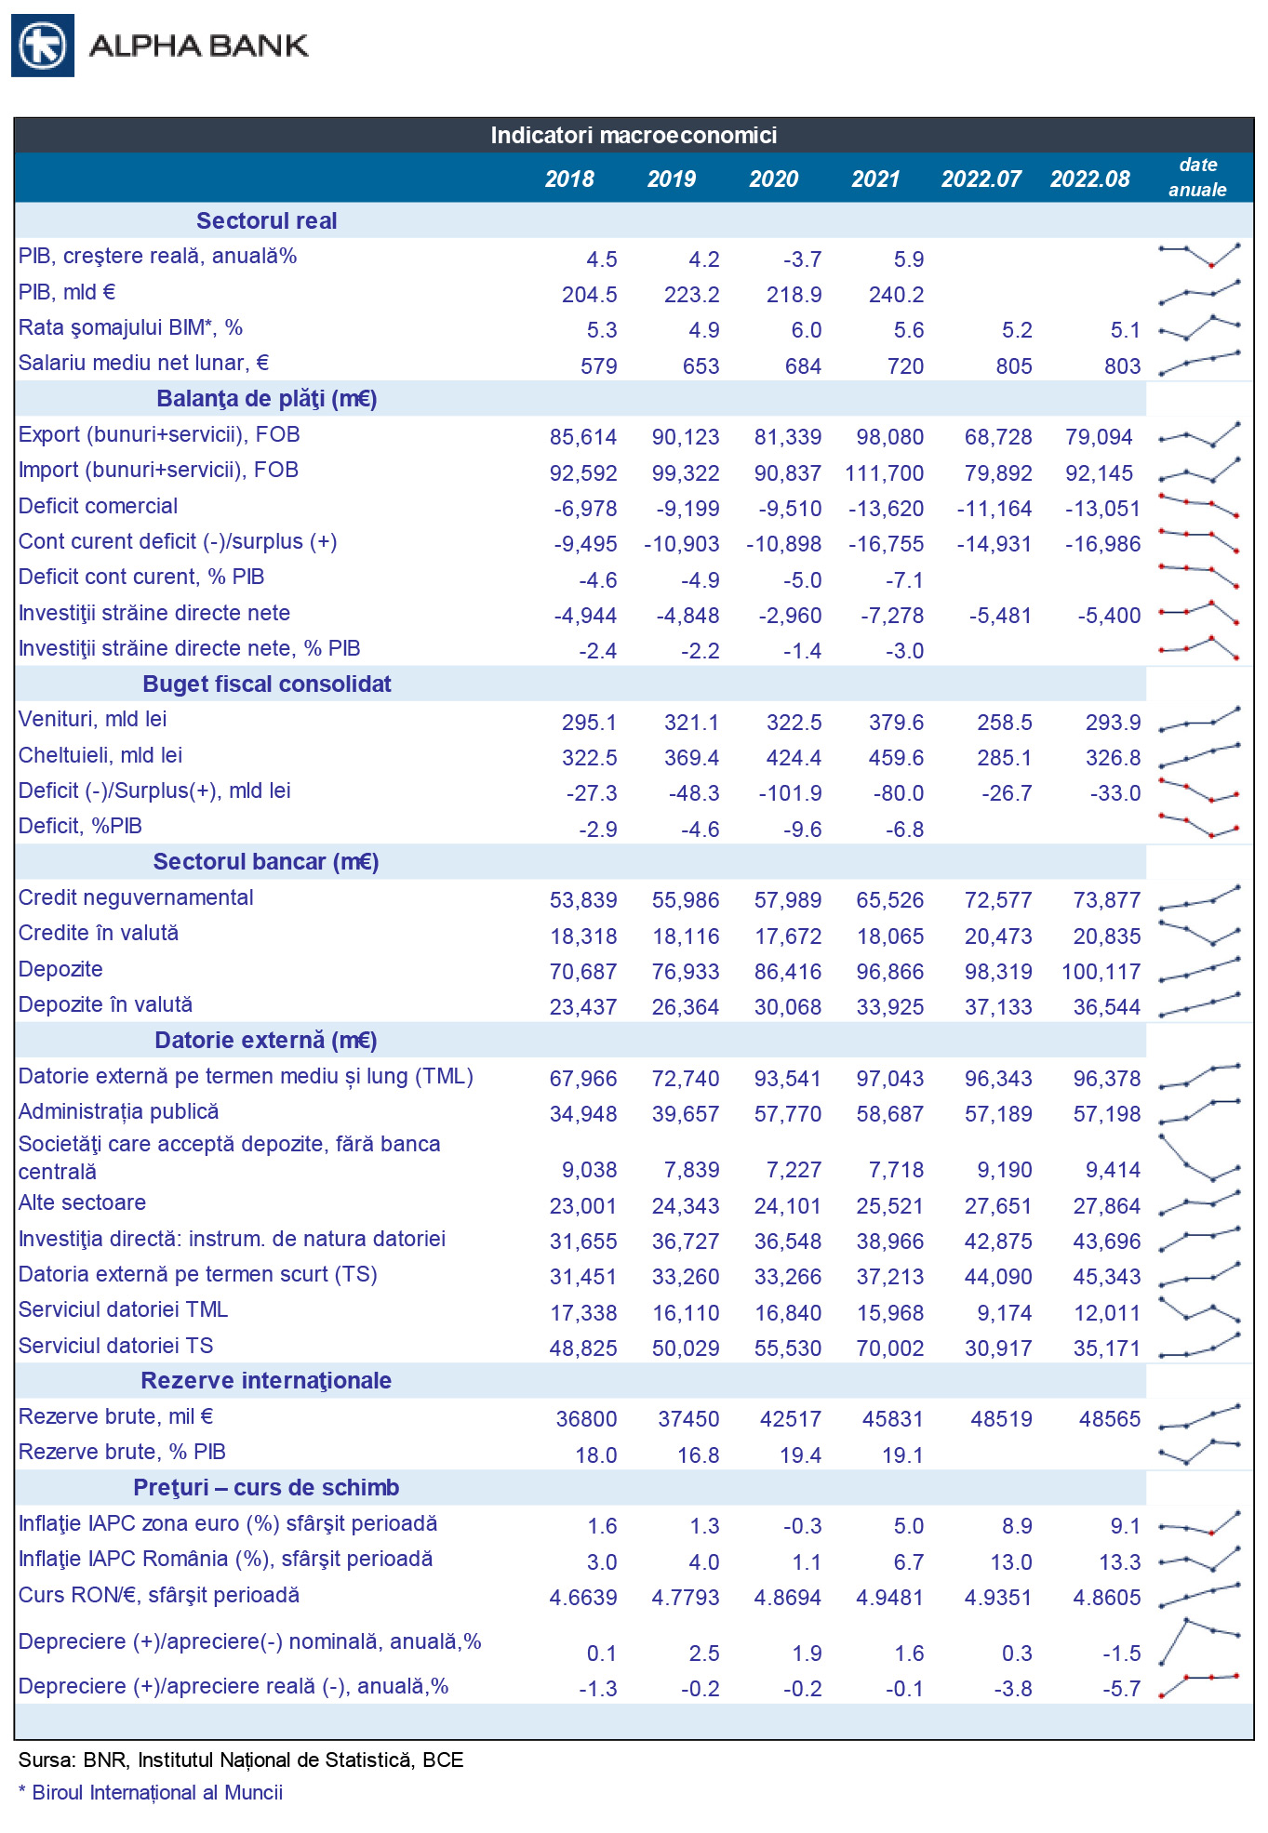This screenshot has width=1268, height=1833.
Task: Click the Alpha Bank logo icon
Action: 43,46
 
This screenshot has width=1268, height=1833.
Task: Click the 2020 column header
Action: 773,179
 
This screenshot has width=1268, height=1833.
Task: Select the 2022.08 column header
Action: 1089,179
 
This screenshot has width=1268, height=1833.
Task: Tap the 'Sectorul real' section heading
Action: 266,221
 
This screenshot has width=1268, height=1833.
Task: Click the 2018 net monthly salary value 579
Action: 598,366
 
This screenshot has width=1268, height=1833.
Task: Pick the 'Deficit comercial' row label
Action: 98,507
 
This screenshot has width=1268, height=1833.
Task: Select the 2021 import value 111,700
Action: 884,473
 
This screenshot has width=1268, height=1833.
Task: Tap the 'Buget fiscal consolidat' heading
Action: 266,684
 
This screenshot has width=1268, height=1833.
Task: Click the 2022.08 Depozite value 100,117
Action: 1101,972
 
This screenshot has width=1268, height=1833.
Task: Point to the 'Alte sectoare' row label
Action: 82,1203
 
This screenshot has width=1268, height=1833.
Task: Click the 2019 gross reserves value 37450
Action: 688,1419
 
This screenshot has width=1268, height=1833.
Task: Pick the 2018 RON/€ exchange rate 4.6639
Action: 583,1598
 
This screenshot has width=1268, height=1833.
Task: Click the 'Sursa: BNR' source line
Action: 241,1760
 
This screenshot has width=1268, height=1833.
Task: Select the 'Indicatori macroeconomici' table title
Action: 634,136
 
